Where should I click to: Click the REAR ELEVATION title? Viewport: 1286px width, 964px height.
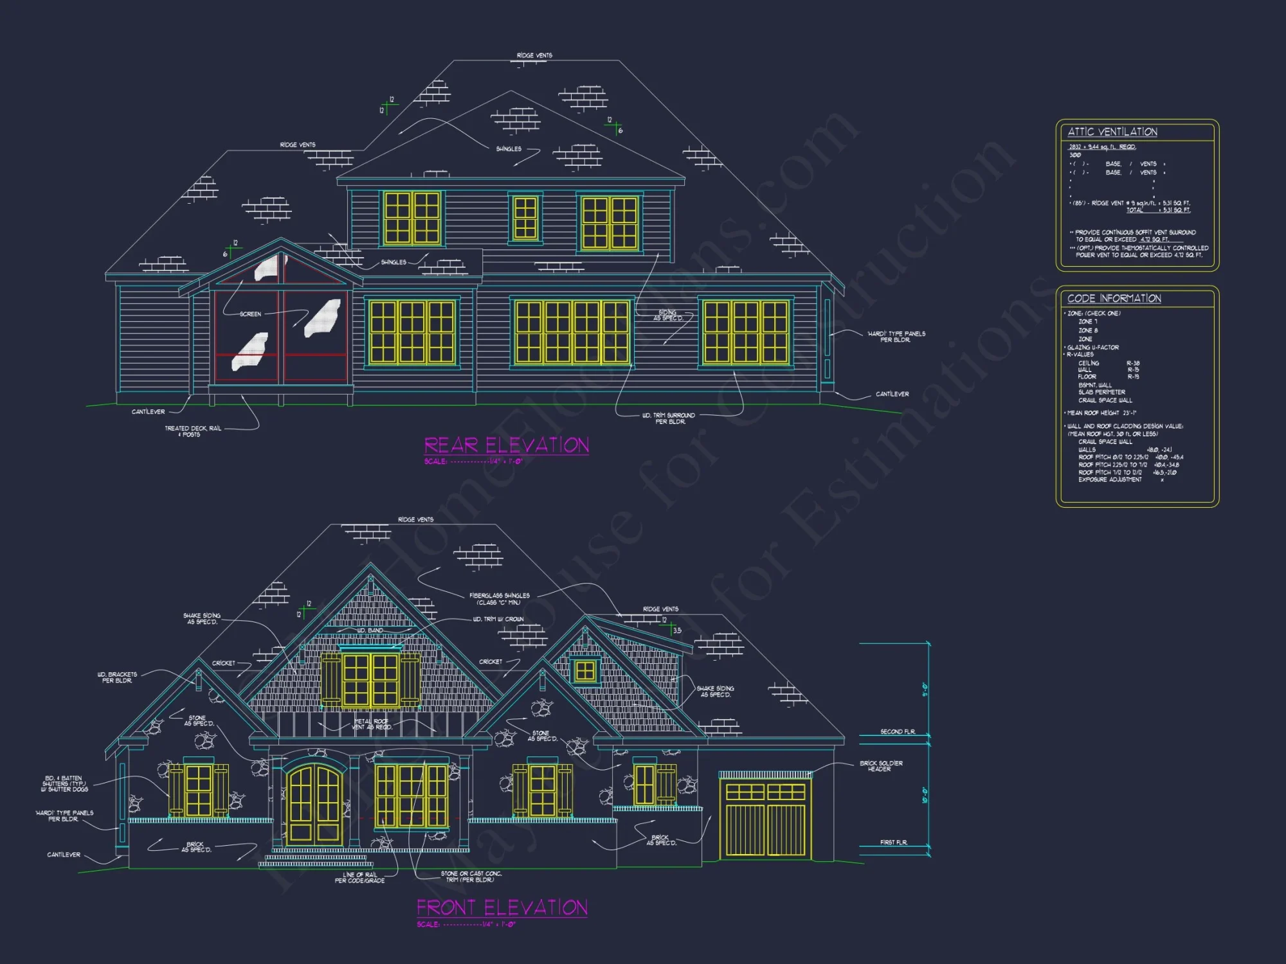pyautogui.click(x=506, y=445)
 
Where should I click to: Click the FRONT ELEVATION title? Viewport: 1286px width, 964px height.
pyautogui.click(x=502, y=907)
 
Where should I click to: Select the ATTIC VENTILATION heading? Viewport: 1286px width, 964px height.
pyautogui.click(x=1112, y=132)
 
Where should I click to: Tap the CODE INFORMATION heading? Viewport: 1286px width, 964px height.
pyautogui.click(x=1114, y=298)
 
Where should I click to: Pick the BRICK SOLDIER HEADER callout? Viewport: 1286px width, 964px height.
pyautogui.click(x=881, y=766)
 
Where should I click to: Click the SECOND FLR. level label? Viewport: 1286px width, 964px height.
pyautogui.click(x=897, y=732)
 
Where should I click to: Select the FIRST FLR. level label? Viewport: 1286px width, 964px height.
pyautogui.click(x=894, y=843)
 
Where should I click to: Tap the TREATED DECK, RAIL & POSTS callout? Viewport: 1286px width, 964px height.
pyautogui.click(x=192, y=431)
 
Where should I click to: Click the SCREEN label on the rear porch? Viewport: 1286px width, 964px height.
pyautogui.click(x=250, y=314)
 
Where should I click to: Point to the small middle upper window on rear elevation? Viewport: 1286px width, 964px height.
pyautogui.click(x=525, y=218)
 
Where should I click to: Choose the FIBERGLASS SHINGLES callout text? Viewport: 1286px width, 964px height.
pyautogui.click(x=499, y=599)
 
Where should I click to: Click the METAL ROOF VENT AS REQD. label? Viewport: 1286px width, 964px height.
pyautogui.click(x=372, y=724)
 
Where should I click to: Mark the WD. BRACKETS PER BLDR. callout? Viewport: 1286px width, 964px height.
pyautogui.click(x=117, y=677)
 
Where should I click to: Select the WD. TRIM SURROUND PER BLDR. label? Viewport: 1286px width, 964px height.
pyautogui.click(x=669, y=418)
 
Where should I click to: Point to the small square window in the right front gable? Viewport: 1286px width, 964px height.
pyautogui.click(x=584, y=671)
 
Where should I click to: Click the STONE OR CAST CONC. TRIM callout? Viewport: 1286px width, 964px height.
pyautogui.click(x=471, y=877)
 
